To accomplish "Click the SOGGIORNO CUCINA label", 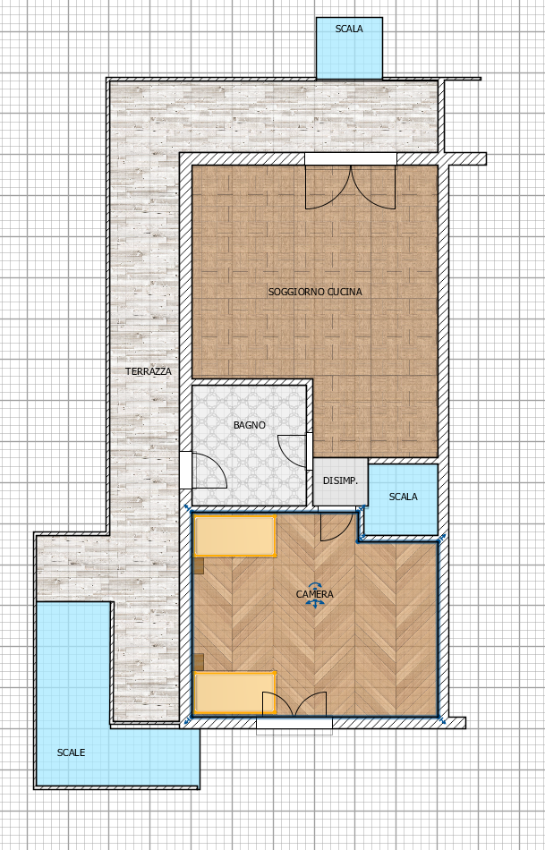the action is [x=315, y=292].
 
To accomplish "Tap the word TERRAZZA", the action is [x=148, y=371].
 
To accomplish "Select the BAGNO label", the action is [x=250, y=425].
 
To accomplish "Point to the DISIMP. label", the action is [x=341, y=480].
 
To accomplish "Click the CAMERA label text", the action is [x=314, y=594].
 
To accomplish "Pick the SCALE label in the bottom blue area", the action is [x=71, y=752].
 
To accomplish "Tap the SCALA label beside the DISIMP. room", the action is [x=404, y=497].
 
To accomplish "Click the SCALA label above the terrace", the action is [x=349, y=29].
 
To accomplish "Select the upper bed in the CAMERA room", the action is [x=235, y=536].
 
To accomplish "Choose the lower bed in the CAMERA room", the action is [x=235, y=693].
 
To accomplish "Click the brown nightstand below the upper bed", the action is [x=199, y=565].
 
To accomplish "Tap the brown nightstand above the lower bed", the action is [x=199, y=661].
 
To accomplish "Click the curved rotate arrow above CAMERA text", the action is [x=315, y=585].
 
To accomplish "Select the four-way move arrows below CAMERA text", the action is [x=315, y=603].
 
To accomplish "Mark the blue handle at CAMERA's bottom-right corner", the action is [x=441, y=720].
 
